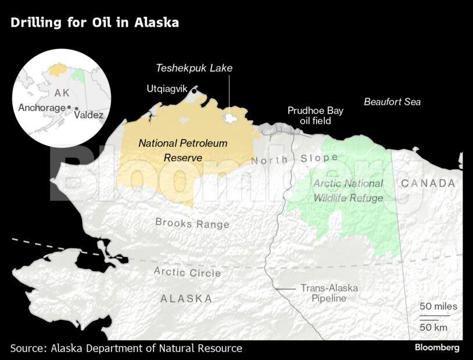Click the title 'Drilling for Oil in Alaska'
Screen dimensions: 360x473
[94, 23]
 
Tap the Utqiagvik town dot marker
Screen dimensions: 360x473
[194, 90]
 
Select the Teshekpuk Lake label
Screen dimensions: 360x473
[194, 68]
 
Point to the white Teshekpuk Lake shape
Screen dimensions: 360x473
[231, 118]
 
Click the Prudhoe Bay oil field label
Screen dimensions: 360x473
[316, 116]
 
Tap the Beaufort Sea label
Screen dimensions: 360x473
[392, 102]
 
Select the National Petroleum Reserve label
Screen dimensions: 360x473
[182, 150]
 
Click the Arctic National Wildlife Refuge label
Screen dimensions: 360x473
[348, 191]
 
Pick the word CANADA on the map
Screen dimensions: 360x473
[428, 183]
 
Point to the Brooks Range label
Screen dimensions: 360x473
[192, 223]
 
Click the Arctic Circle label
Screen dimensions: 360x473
[187, 272]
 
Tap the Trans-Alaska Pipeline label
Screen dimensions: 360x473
[329, 293]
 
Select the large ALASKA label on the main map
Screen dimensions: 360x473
[186, 298]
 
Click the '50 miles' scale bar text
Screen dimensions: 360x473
[439, 306]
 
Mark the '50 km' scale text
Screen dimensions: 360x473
[433, 327]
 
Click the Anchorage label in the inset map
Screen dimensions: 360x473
[42, 108]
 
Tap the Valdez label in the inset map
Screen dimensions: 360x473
[89, 115]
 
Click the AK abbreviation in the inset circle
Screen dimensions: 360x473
[62, 94]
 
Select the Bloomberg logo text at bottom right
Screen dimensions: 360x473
[437, 348]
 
